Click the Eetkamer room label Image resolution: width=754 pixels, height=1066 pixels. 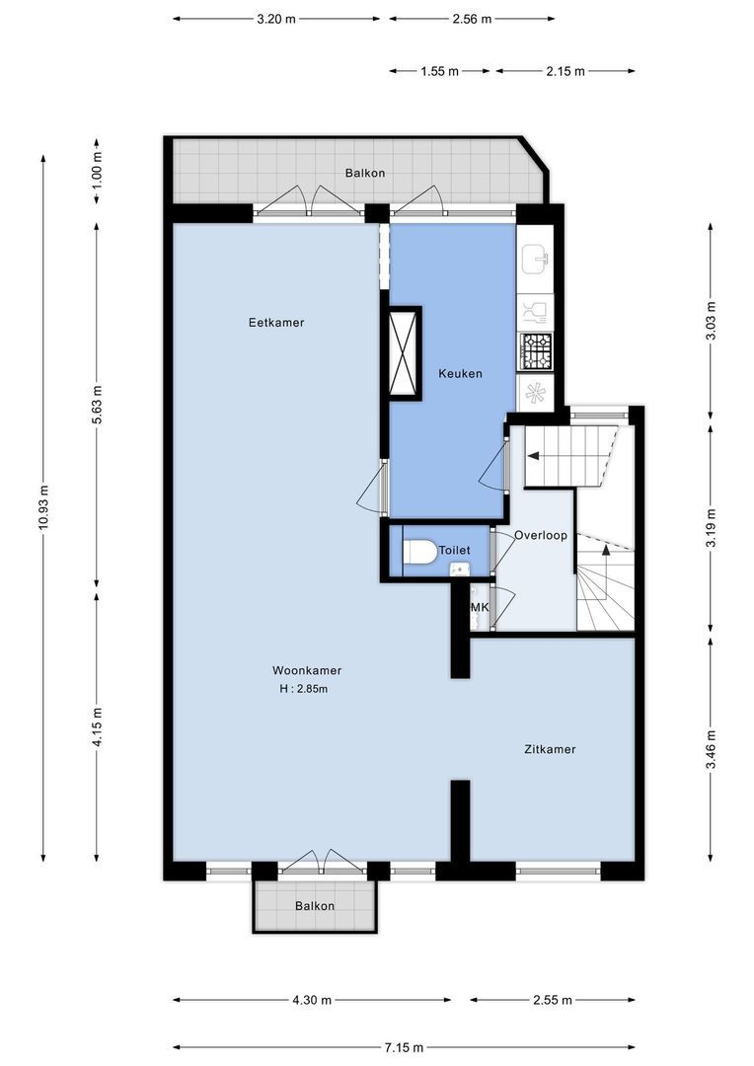pos(276,323)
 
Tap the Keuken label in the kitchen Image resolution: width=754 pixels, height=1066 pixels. pos(460,373)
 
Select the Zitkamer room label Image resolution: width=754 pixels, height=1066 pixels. pos(550,749)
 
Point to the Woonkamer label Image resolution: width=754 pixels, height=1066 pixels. pos(308,670)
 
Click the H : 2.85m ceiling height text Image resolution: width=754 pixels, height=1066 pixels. pos(304,689)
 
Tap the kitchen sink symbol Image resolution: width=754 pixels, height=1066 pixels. pos(536,261)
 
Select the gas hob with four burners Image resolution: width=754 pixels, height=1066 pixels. pos(536,348)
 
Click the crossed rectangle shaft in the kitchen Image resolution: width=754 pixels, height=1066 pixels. pos(405,352)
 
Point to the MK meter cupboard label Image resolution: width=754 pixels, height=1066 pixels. pos(480,607)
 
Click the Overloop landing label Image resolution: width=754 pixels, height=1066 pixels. pos(541,535)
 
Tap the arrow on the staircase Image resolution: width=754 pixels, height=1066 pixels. pos(533,456)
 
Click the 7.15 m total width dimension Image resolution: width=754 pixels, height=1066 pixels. pos(405,1047)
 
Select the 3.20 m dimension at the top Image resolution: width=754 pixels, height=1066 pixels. pos(276,18)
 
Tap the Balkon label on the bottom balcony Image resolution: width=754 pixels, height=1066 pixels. pos(315,906)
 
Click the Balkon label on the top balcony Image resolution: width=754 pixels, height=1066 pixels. pos(364,173)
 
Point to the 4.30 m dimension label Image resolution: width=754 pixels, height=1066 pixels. pos(312,1000)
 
